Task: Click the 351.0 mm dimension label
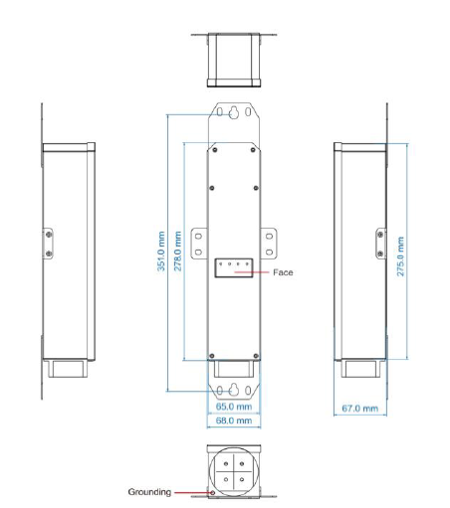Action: (161, 252)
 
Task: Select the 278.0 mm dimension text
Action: (177, 251)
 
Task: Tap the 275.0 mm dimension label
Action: (400, 256)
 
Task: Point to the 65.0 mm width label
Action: (234, 407)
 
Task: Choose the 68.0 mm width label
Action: (234, 421)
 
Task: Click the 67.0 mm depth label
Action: (360, 409)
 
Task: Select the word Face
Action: (283, 272)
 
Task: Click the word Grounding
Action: (149, 492)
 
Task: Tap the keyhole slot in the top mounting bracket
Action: (234, 112)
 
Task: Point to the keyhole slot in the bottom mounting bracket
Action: (234, 390)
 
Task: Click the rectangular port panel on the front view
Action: (234, 267)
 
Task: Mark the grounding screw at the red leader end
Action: (213, 493)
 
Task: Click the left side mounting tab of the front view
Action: (199, 244)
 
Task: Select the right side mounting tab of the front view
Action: (269, 244)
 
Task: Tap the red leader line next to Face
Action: (252, 272)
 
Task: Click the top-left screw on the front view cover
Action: (215, 150)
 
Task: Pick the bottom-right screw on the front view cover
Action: (256, 356)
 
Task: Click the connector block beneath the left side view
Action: (68, 369)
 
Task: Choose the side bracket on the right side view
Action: (381, 244)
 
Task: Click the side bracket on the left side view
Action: (48, 244)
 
